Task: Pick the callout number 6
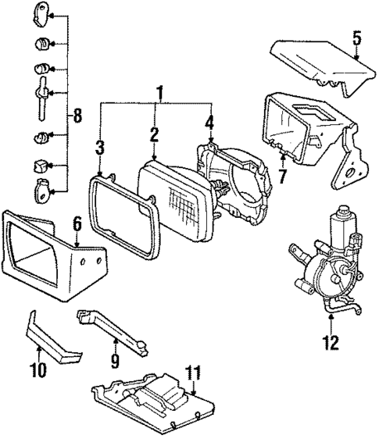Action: (x=77, y=223)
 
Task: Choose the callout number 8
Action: (x=77, y=117)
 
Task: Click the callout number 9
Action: (x=116, y=361)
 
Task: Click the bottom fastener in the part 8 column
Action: (x=44, y=189)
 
